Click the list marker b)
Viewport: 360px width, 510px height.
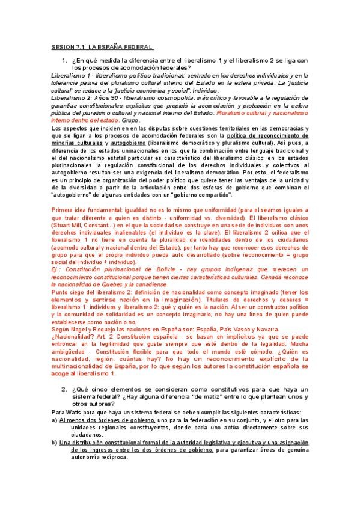click(54, 443)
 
